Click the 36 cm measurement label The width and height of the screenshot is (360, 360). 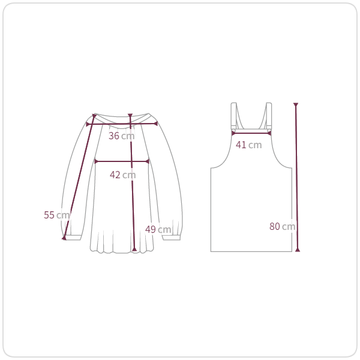click(x=121, y=136)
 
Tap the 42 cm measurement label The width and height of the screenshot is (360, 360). click(x=122, y=175)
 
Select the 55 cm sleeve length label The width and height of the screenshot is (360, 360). click(x=57, y=215)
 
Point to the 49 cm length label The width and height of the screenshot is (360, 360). click(x=158, y=229)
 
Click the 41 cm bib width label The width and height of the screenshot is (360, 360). click(x=248, y=145)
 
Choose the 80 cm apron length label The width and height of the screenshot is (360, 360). click(x=283, y=227)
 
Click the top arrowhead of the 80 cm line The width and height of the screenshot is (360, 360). click(x=296, y=104)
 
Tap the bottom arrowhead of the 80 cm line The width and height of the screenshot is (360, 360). click(x=298, y=250)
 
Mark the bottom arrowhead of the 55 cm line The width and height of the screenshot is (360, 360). click(x=64, y=238)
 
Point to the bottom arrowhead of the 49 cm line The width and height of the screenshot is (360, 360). click(x=134, y=249)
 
